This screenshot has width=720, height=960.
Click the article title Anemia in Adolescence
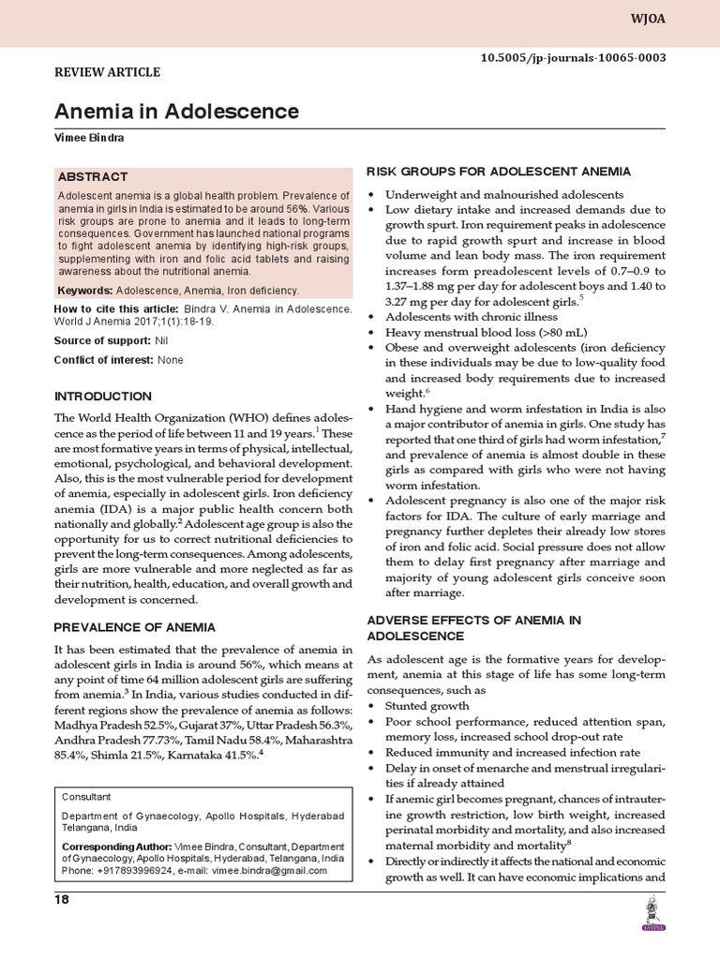pyautogui.click(x=176, y=112)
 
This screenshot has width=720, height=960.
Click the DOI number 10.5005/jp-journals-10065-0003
pyautogui.click(x=573, y=57)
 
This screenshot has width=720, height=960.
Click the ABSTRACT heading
pyautogui.click(x=93, y=176)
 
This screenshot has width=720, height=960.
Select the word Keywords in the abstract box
pyautogui.click(x=85, y=291)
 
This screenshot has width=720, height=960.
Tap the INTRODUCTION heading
pyautogui.click(x=103, y=397)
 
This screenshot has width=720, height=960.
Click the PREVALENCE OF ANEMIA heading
pyautogui.click(x=135, y=627)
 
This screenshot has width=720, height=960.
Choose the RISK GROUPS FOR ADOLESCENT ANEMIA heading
pyautogui.click(x=497, y=172)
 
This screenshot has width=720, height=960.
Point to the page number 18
pyautogui.click(x=63, y=900)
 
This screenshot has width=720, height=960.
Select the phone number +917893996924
pyautogui.click(x=142, y=870)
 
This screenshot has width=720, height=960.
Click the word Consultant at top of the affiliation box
pyautogui.click(x=86, y=796)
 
